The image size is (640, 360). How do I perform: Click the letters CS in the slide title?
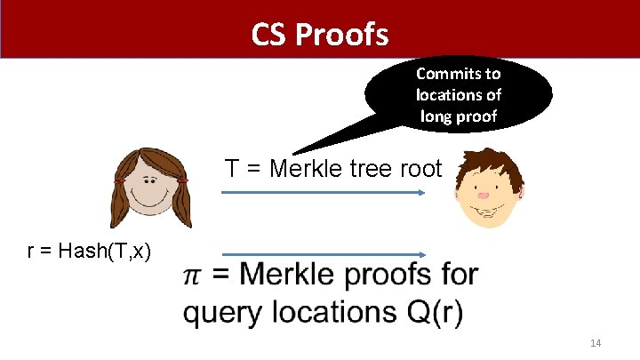pyautogui.click(x=269, y=35)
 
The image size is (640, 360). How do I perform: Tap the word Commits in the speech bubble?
pyautogui.click(x=459, y=74)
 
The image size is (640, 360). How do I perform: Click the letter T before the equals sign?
pyautogui.click(x=232, y=168)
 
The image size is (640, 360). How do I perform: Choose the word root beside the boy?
pyautogui.click(x=420, y=168)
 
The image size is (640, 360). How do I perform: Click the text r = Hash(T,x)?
pyautogui.click(x=90, y=252)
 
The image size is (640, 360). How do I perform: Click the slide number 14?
pyautogui.click(x=596, y=343)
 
